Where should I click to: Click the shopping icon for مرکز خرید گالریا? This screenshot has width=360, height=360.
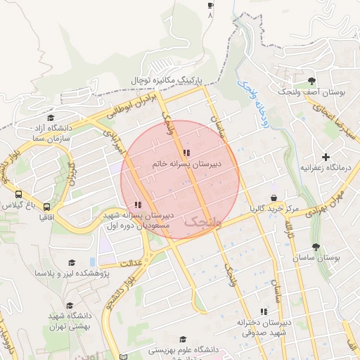click(274, 198)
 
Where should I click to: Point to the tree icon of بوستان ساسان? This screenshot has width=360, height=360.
click(316, 247)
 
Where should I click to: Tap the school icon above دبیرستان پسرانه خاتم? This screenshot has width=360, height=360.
click(186, 153)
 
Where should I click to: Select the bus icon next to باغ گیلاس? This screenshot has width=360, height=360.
click(18, 195)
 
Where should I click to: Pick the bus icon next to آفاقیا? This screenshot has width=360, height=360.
click(46, 207)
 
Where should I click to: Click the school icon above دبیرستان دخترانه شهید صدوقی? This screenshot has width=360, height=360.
click(264, 311)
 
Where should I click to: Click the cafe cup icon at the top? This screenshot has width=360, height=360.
click(210, 5)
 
